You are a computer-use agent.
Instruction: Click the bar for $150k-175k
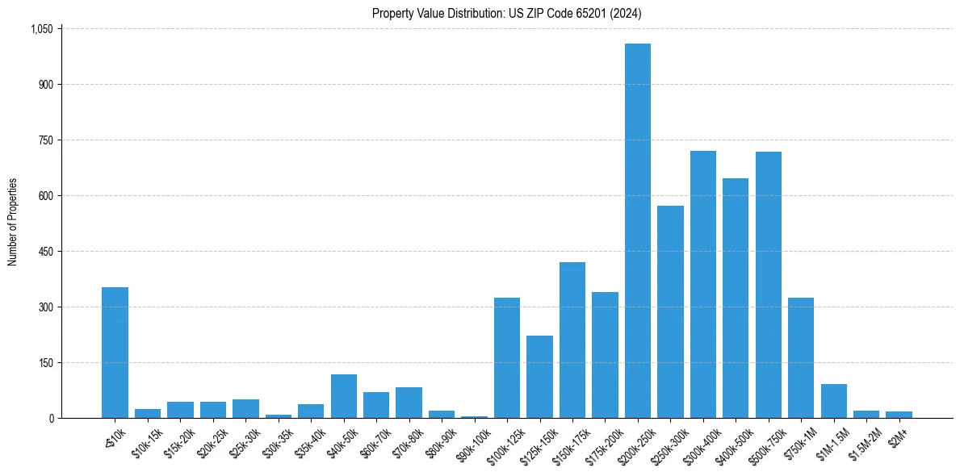pyautogui.click(x=572, y=340)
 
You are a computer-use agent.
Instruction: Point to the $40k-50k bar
pyautogui.click(x=343, y=396)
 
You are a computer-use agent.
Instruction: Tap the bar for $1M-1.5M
pyautogui.click(x=833, y=401)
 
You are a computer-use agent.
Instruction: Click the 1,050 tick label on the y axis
pyautogui.click(x=41, y=29)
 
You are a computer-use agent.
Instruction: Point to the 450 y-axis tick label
pyautogui.click(x=46, y=252)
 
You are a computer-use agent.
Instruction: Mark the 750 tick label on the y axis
pyautogui.click(x=46, y=140)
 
